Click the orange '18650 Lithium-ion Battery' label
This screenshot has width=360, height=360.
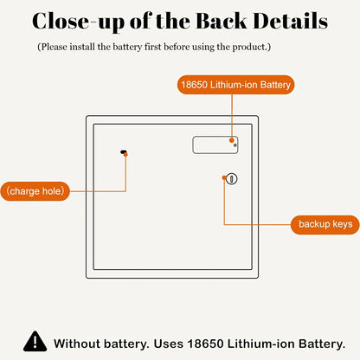pyautogui.click(x=235, y=85)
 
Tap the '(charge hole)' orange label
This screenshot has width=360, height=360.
pyautogui.click(x=35, y=191)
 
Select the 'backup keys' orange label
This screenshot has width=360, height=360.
pyautogui.click(x=325, y=224)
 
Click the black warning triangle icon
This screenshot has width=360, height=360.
pyautogui.click(x=35, y=341)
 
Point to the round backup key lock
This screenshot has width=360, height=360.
pyautogui.click(x=231, y=179)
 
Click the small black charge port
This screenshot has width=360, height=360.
pyautogui.click(x=124, y=151)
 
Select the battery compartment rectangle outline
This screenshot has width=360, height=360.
pyautogui.click(x=193, y=145)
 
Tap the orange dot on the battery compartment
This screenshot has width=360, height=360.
pyautogui.click(x=231, y=140)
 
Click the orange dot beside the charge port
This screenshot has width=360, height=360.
pyautogui.click(x=125, y=155)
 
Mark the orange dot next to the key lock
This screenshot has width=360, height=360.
pyautogui.click(x=224, y=177)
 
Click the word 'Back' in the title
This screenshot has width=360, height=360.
pyautogui.click(x=222, y=22)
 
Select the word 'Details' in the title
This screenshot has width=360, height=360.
pyautogui.click(x=291, y=22)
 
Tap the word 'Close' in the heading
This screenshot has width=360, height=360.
pyautogui.click(x=61, y=22)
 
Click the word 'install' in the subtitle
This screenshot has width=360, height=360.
pyautogui.click(x=82, y=47)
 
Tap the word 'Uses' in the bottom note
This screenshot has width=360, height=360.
pyautogui.click(x=169, y=344)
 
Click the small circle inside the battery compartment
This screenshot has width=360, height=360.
pyautogui.click(x=235, y=145)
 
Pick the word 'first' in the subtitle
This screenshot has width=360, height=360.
pyautogui.click(x=152, y=47)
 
